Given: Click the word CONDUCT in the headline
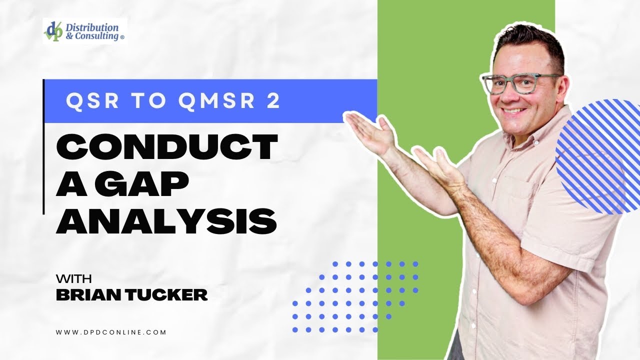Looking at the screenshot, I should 166,146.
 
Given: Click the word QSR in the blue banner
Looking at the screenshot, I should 92,100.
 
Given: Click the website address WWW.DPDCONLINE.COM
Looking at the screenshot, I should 111,331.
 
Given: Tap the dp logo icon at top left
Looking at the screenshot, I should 53,30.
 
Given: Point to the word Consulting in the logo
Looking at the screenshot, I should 95,36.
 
